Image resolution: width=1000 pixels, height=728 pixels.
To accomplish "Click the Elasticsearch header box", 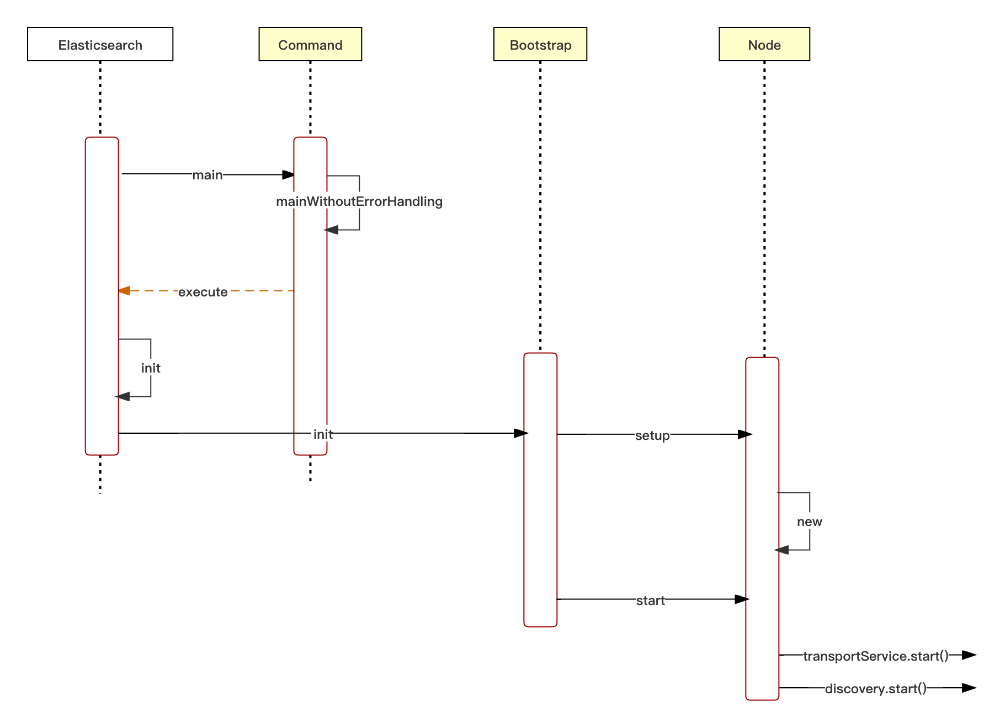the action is [x=100, y=44].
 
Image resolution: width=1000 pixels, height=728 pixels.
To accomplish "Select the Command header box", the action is [x=310, y=44].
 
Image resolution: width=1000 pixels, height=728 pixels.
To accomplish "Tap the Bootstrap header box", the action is [x=540, y=44].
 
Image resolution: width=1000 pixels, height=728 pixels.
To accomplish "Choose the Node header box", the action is [x=764, y=44].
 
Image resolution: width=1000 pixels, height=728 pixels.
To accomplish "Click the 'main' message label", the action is [x=208, y=174].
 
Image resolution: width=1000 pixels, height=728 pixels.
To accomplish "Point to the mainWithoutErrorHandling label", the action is [x=359, y=201].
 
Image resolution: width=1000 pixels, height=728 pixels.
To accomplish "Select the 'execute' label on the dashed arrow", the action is [x=203, y=291].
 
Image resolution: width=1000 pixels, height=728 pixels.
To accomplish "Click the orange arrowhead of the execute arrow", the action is [x=124, y=290].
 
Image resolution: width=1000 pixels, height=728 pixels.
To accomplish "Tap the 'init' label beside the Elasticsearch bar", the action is [x=151, y=368].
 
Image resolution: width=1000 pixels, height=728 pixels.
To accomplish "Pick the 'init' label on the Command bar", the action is [x=322, y=434].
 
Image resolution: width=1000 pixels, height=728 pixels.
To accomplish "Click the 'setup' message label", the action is [x=652, y=435].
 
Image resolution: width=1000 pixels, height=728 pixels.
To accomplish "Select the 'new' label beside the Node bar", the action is [x=810, y=522].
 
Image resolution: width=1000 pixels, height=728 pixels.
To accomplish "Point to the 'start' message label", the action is [x=650, y=600].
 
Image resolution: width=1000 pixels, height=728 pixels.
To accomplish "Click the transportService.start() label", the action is [x=875, y=656].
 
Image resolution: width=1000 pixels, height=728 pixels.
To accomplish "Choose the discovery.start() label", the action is [x=875, y=688].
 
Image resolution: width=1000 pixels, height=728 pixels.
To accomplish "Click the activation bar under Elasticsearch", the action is [x=102, y=248].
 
